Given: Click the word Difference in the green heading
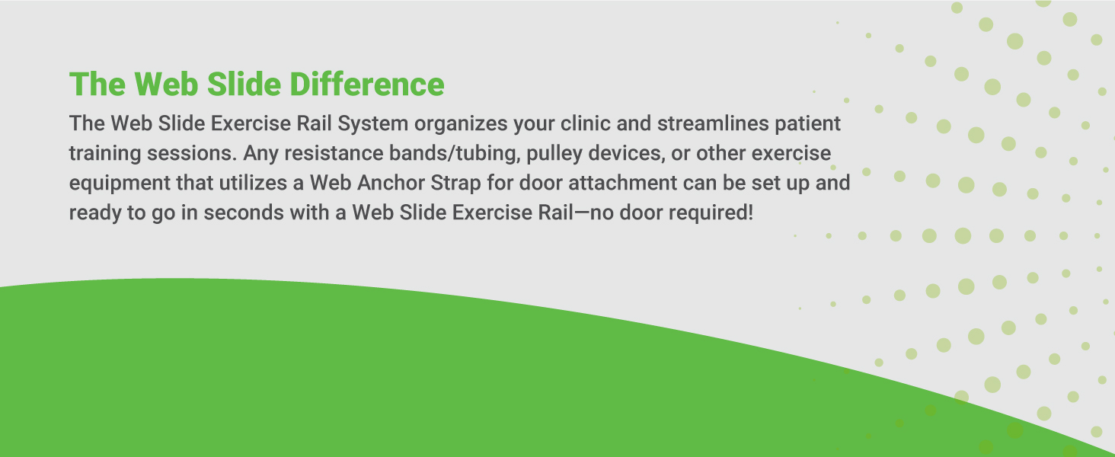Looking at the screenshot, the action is [x=367, y=84].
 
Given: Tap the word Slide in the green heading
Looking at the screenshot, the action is [x=244, y=84].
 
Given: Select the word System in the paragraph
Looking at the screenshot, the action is [x=373, y=124].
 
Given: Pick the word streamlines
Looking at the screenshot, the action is [x=713, y=123].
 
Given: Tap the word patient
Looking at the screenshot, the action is [x=808, y=124].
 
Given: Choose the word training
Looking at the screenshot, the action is [x=105, y=153].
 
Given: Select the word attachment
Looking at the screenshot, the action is [x=622, y=183].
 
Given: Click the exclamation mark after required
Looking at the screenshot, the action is [x=750, y=213].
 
